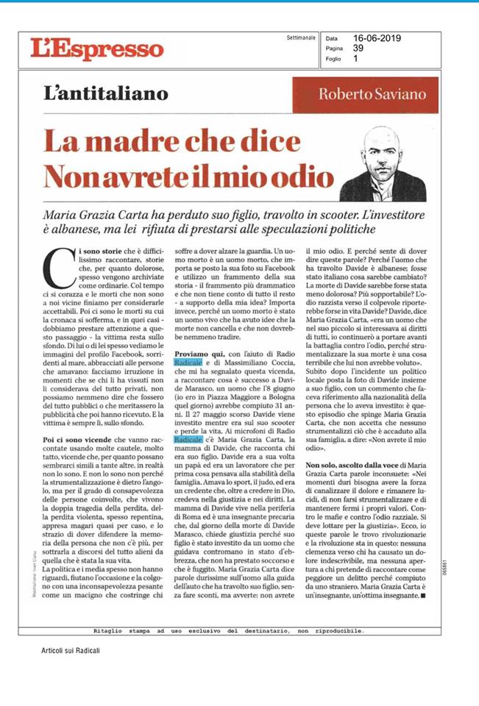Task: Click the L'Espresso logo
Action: (86, 49)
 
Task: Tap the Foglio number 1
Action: (356, 59)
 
